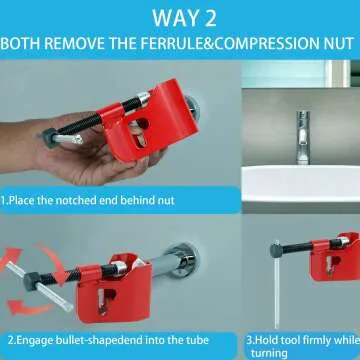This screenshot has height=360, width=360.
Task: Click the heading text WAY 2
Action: [x=180, y=18]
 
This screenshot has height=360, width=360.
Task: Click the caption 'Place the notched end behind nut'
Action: [x=90, y=200]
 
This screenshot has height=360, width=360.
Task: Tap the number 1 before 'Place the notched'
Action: [x=6, y=200]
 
